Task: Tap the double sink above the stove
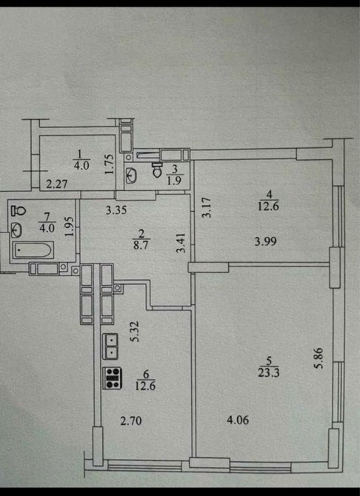pos(110,346)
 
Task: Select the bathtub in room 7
pos(33,250)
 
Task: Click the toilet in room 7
pos(19,210)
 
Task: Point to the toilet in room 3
pos(157,170)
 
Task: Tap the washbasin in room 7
pos(16,230)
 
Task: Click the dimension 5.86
pos(319,358)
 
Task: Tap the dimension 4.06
pos(238,420)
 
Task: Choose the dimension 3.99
pos(266,241)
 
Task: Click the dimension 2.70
pos(130,420)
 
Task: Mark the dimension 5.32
pos(136,332)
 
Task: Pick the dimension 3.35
pos(116,210)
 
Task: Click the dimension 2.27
pos(57,184)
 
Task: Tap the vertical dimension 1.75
pos(109,164)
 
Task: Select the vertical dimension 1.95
pos(69,226)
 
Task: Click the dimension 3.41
pos(181,243)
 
